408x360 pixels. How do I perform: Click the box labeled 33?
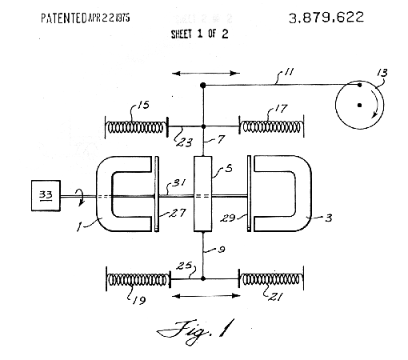click(x=46, y=196)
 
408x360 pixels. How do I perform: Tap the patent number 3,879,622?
click(x=326, y=18)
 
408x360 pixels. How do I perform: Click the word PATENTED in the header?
click(x=64, y=18)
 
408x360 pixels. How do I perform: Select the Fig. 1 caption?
click(x=195, y=331)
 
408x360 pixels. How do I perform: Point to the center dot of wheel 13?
click(x=359, y=106)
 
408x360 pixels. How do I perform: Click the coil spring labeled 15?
click(x=134, y=127)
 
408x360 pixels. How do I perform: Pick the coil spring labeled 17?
click(x=271, y=126)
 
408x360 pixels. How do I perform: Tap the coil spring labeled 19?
click(x=138, y=280)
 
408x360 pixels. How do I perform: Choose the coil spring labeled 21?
click(x=271, y=279)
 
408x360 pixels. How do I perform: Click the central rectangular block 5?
click(x=202, y=194)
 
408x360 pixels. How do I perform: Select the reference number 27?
click(x=178, y=213)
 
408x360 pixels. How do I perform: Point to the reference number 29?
click(x=228, y=218)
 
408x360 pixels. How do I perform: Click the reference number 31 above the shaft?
click(x=179, y=182)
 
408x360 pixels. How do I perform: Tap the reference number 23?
click(x=184, y=142)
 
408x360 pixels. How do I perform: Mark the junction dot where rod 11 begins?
click(x=203, y=86)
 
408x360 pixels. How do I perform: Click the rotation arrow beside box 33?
click(x=81, y=197)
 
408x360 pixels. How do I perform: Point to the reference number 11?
click(x=289, y=72)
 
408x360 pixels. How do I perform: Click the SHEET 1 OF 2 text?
click(x=200, y=34)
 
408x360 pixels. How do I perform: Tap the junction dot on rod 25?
click(x=203, y=278)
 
